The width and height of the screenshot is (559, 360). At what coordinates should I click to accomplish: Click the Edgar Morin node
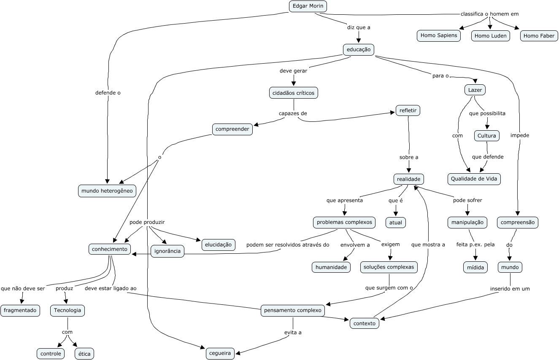click(x=308, y=6)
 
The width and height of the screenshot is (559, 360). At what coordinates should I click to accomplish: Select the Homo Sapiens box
click(x=439, y=35)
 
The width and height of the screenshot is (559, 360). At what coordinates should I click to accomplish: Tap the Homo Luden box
click(x=490, y=36)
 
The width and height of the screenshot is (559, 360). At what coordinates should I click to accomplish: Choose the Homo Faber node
click(x=539, y=36)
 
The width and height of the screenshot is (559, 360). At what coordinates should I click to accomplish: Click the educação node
click(x=358, y=50)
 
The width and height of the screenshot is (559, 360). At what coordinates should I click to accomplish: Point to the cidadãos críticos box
click(x=294, y=93)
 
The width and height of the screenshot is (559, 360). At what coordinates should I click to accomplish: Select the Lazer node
click(x=475, y=90)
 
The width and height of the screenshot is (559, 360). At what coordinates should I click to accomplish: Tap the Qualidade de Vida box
click(x=474, y=179)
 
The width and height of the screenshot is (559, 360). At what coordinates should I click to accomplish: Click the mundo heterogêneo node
click(x=107, y=191)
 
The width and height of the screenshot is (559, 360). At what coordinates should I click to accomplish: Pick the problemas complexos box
click(x=344, y=222)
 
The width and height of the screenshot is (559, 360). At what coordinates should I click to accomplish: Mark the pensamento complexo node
click(x=293, y=311)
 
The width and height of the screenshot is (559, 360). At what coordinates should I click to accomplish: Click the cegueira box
click(x=220, y=353)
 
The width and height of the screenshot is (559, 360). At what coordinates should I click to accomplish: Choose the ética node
click(x=84, y=354)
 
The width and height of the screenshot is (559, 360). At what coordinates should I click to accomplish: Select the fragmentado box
click(x=20, y=311)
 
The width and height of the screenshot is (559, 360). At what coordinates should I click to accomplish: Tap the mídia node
click(x=475, y=267)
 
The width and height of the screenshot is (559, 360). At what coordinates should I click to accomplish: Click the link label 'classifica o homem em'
click(x=489, y=14)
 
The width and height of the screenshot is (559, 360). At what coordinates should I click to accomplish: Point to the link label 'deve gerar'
click(x=293, y=71)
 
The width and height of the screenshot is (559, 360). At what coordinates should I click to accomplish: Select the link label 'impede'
click(x=519, y=135)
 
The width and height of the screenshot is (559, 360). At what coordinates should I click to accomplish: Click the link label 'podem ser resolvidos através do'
click(x=287, y=244)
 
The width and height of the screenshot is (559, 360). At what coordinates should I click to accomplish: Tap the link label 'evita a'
click(x=293, y=332)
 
